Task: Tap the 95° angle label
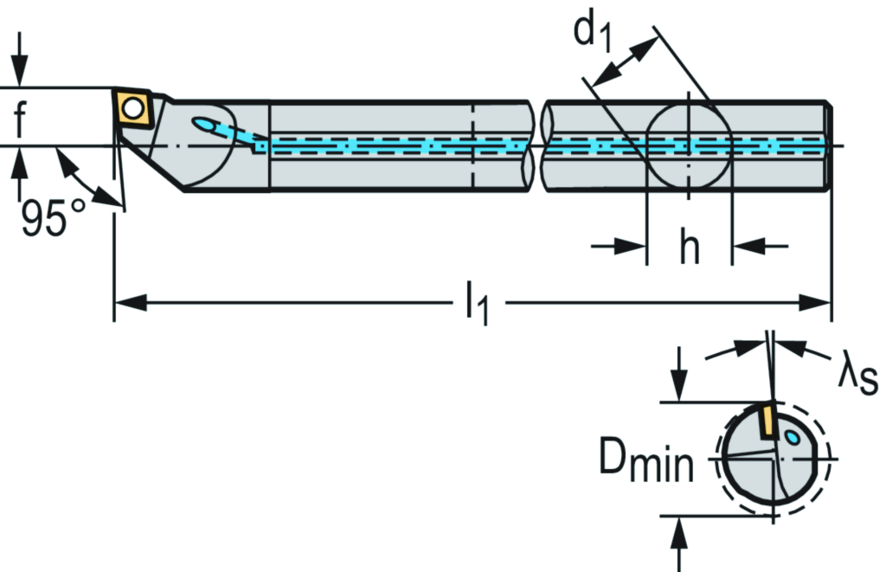coord(55,218)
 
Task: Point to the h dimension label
coord(689,248)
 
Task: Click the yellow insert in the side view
coord(134,109)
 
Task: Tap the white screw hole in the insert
coord(134,108)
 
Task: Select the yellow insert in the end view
coord(765,421)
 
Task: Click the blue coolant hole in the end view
coord(793,440)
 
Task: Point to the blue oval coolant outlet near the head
coord(208,125)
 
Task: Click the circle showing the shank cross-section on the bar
coord(689,146)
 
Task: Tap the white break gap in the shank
coord(536,146)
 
